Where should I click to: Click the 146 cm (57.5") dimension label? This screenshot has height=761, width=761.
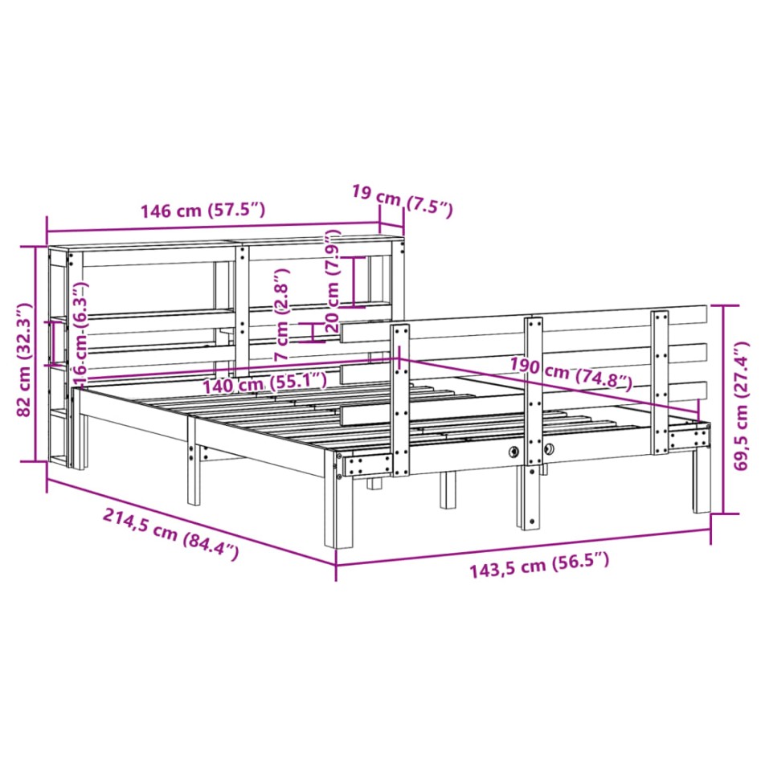point(202,211)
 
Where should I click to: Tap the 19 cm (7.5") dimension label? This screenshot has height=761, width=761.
point(402,201)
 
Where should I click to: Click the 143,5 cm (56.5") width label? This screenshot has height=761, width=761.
point(539,566)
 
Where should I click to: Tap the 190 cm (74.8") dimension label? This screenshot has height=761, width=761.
point(571,375)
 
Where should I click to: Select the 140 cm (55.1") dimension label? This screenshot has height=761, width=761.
point(265,383)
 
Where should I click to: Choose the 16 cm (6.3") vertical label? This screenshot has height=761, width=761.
point(80,332)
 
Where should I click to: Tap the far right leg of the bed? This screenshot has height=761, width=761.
point(702,482)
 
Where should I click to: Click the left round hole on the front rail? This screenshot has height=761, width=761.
point(513,452)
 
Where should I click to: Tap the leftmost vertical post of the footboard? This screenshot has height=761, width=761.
point(400,398)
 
